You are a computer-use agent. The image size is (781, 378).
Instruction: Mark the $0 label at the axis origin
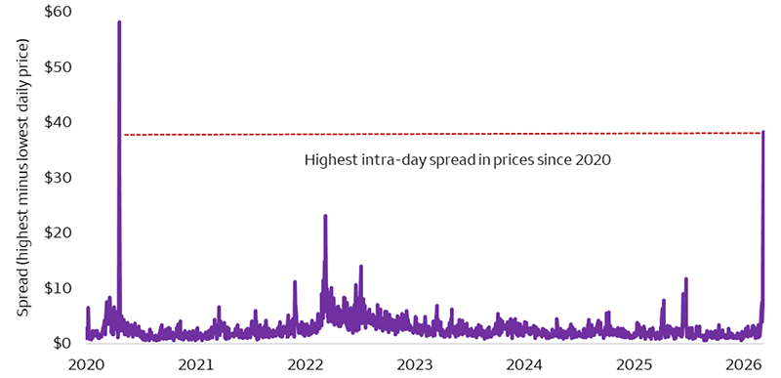coord(65,343)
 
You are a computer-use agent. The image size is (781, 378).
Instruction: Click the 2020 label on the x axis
coord(87,364)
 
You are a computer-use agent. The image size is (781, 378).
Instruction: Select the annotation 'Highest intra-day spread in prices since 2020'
coord(457,160)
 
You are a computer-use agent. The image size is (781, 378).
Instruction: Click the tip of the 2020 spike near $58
coord(119,21)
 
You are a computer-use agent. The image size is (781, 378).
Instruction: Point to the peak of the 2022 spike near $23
coord(325,216)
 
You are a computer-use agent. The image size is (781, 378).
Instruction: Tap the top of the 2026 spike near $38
coord(763,132)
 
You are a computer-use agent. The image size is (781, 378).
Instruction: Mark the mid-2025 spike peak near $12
coord(686,278)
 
